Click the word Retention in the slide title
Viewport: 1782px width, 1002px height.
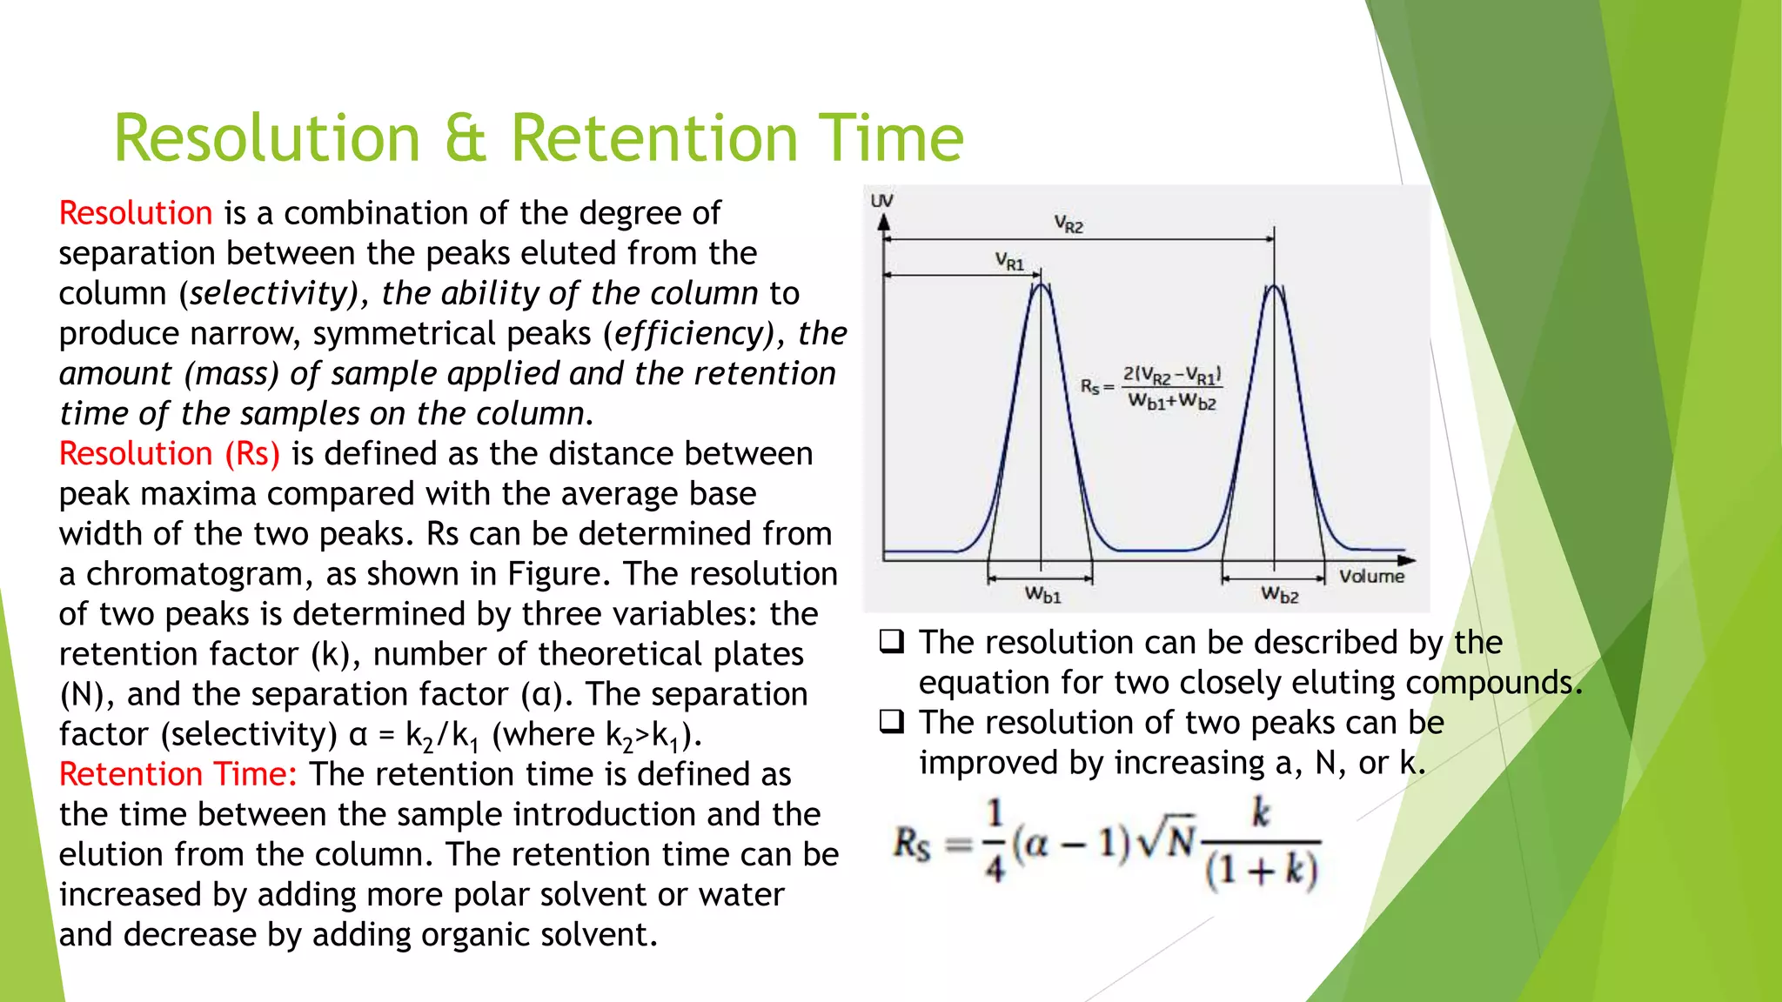tap(653, 139)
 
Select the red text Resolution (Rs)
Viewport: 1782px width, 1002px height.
tap(170, 454)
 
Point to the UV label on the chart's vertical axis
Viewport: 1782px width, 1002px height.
tap(881, 201)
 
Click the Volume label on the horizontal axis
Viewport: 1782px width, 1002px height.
tap(1371, 576)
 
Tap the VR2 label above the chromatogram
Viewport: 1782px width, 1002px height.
tap(1069, 225)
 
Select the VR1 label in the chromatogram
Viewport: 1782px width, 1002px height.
tap(1009, 261)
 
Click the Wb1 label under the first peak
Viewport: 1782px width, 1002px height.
tap(1042, 595)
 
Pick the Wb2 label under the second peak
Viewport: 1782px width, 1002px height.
tap(1279, 595)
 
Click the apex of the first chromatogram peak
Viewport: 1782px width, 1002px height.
tap(1041, 285)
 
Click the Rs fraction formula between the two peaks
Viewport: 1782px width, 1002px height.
tap(1153, 387)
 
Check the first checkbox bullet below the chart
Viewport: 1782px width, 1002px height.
tap(891, 642)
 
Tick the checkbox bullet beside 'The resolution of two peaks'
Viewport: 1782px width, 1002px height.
tap(891, 722)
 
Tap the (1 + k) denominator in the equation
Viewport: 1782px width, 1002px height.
tap(1261, 870)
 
